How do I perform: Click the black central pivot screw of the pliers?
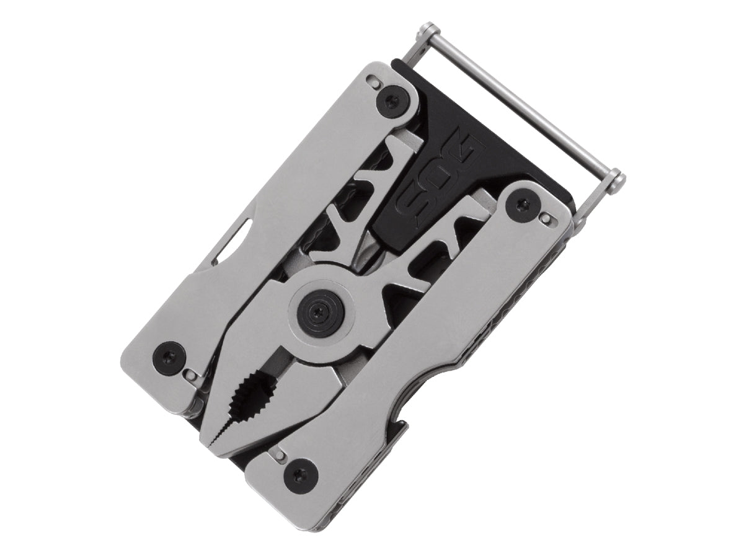click(x=318, y=309)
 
